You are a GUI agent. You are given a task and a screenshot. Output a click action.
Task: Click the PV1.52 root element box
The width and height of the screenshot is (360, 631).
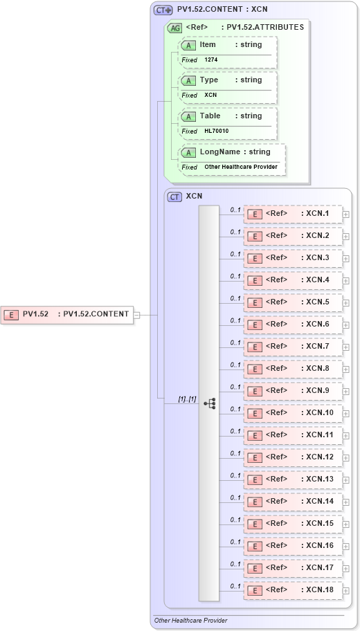[66, 314]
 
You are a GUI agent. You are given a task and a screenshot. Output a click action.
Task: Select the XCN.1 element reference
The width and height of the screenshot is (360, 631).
[293, 214]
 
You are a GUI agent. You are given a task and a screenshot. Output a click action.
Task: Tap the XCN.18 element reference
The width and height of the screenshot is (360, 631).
[293, 590]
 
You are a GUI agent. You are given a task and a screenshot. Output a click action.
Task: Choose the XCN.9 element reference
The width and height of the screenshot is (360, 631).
[293, 391]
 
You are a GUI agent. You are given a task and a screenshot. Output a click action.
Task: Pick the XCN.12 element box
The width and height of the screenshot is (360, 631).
[293, 457]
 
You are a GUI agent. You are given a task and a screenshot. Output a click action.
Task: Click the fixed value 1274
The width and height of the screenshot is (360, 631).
[211, 60]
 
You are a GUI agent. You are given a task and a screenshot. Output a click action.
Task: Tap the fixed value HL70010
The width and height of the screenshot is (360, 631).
[216, 131]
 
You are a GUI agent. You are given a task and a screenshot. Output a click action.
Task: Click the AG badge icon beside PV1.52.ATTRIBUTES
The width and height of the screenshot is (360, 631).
[176, 28]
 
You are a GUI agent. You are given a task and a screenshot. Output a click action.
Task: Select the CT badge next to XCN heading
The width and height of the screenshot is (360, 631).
[175, 196]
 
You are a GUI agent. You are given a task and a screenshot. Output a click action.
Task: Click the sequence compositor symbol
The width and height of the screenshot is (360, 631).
[209, 403]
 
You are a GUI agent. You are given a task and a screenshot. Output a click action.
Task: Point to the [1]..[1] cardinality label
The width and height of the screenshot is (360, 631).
[187, 399]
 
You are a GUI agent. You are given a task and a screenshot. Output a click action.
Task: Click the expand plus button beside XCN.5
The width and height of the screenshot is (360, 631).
[346, 302]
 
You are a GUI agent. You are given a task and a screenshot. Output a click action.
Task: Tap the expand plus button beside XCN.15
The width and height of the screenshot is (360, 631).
[346, 524]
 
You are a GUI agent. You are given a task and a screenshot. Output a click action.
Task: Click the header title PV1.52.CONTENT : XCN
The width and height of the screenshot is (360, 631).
[222, 10]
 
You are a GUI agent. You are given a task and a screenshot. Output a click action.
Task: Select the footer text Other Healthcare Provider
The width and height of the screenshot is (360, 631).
[190, 621]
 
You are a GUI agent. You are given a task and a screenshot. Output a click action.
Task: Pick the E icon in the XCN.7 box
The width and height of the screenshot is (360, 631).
[255, 347]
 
